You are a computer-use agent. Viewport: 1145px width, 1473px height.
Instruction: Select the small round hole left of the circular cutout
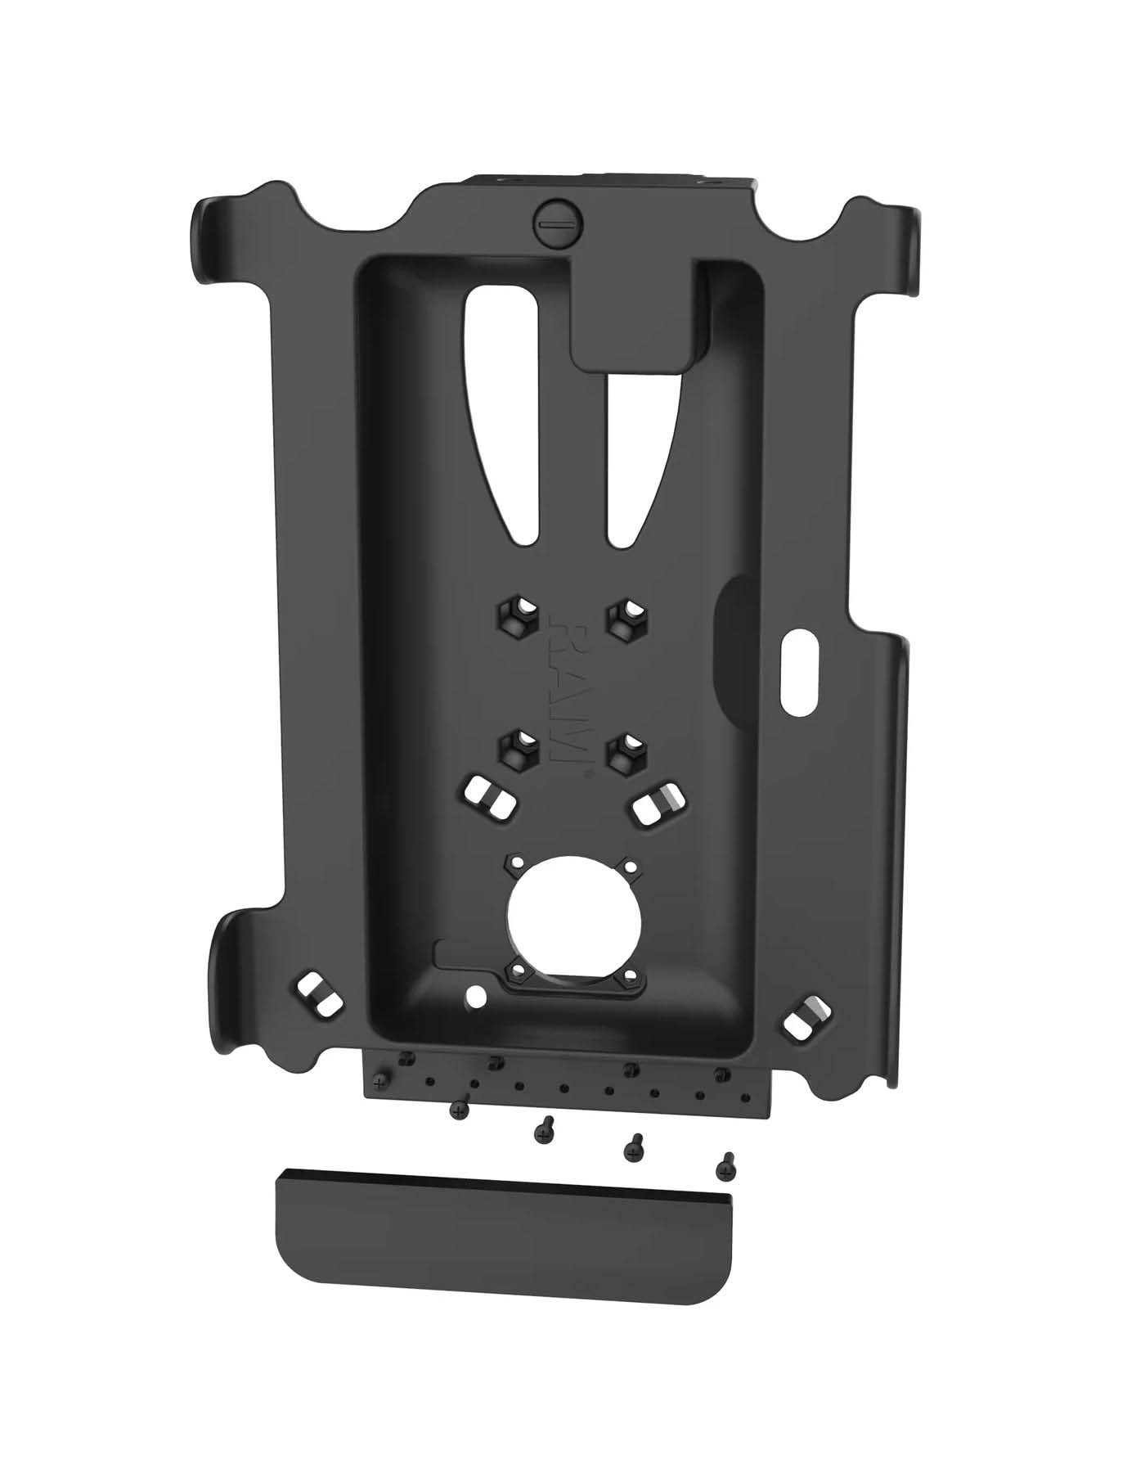click(474, 998)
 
